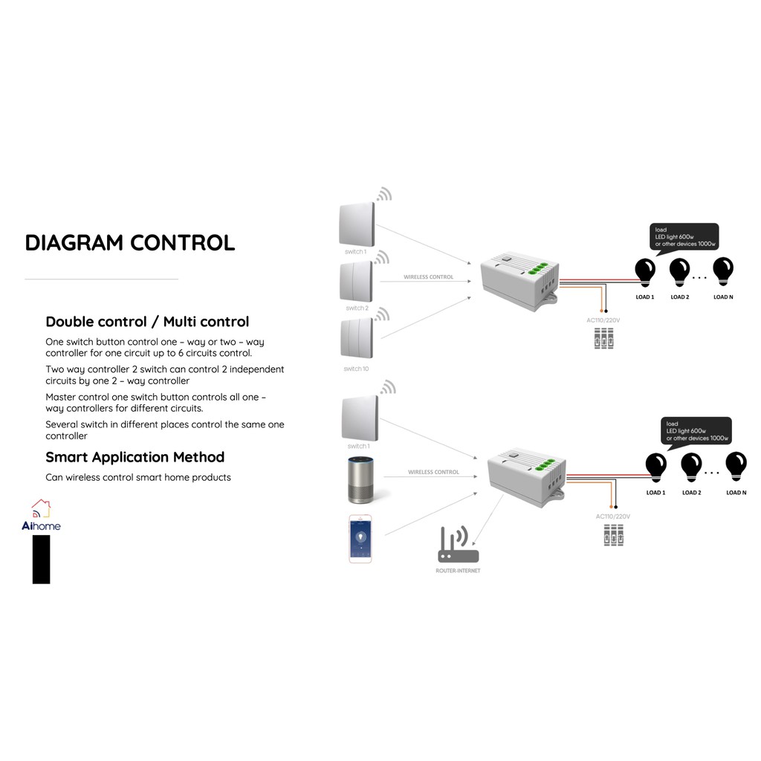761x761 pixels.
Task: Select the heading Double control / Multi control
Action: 147,322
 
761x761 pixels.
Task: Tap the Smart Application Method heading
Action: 135,457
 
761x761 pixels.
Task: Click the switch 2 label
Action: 357,308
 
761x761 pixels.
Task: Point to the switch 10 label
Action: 356,369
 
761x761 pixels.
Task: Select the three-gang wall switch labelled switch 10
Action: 357,338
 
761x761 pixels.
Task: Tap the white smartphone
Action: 360,538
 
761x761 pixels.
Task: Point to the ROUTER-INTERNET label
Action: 458,571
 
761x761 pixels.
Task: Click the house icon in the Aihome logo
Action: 41,508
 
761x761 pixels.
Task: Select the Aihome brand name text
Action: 42,526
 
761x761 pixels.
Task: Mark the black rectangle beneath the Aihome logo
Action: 41,559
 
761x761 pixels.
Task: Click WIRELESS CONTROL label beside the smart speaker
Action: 433,472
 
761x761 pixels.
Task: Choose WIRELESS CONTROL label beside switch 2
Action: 428,277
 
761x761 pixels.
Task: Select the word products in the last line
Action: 210,477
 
